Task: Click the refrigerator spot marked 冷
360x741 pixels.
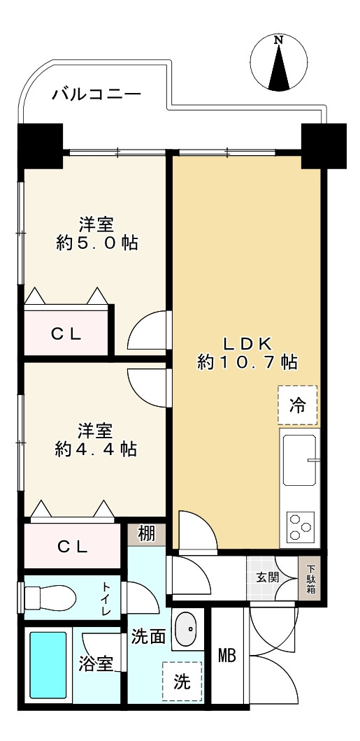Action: [x=298, y=405]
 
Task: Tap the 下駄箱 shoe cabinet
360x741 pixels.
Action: [x=311, y=579]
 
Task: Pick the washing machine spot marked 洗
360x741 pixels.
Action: [x=182, y=681]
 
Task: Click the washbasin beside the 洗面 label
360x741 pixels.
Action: [x=186, y=629]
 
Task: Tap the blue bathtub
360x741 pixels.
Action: [x=48, y=665]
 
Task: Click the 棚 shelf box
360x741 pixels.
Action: [x=147, y=534]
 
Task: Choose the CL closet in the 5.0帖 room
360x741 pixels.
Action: [x=66, y=333]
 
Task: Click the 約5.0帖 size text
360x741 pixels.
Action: [x=97, y=243]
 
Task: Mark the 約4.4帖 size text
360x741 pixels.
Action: [x=96, y=449]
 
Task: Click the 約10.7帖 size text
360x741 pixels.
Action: [x=247, y=363]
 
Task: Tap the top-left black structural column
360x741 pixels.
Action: [x=40, y=145]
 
